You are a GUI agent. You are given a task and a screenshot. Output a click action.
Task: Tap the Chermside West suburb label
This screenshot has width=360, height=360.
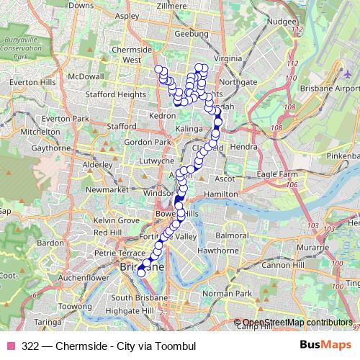[x=131, y=55]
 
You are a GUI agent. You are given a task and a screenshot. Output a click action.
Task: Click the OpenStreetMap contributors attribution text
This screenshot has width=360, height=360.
[x=297, y=322]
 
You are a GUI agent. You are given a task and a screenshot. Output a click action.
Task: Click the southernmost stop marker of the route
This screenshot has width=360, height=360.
[x=141, y=273]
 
